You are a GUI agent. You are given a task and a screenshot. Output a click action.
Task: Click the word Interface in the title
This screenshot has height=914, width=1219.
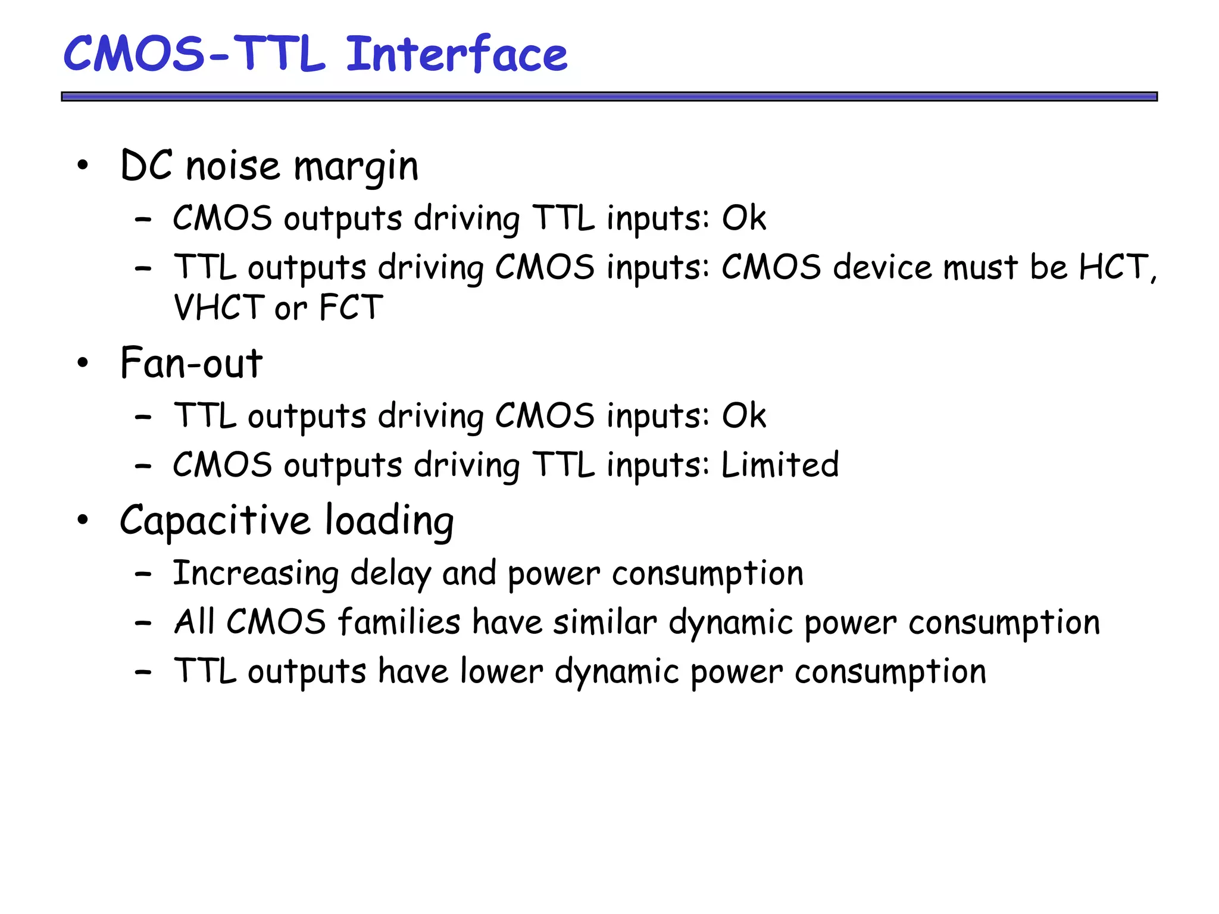(x=457, y=54)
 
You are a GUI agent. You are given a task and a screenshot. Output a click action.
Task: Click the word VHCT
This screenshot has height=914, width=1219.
(x=218, y=308)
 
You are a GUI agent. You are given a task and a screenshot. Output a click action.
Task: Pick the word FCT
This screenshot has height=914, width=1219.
(x=351, y=308)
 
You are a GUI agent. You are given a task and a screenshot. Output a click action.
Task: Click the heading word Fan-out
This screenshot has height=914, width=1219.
(x=191, y=363)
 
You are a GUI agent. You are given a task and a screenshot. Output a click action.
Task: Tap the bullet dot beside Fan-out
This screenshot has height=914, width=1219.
(x=83, y=362)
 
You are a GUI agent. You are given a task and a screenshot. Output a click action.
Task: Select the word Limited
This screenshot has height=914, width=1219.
(x=780, y=465)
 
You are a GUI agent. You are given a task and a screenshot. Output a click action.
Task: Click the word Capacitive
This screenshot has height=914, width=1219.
(x=215, y=521)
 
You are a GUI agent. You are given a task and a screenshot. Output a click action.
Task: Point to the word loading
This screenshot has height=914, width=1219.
(x=389, y=521)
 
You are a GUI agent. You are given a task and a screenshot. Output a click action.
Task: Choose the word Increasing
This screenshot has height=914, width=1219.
(x=255, y=574)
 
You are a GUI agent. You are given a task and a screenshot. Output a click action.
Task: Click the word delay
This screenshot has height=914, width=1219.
(x=390, y=574)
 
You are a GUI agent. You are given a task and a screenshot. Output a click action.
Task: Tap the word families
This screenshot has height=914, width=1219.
(x=399, y=622)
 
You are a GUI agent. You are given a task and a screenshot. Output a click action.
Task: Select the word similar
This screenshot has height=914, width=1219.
(x=605, y=622)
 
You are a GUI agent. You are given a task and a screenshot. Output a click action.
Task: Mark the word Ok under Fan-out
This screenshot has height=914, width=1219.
(x=743, y=415)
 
